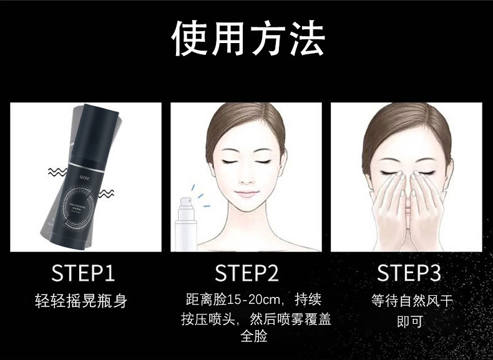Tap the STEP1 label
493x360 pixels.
click(x=83, y=273)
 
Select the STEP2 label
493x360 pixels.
click(x=246, y=273)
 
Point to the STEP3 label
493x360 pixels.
click(x=409, y=273)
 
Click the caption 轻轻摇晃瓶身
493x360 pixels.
click(x=81, y=301)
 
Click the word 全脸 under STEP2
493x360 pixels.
click(x=253, y=336)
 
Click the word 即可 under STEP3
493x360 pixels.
click(x=410, y=321)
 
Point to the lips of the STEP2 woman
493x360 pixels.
click(x=246, y=193)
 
